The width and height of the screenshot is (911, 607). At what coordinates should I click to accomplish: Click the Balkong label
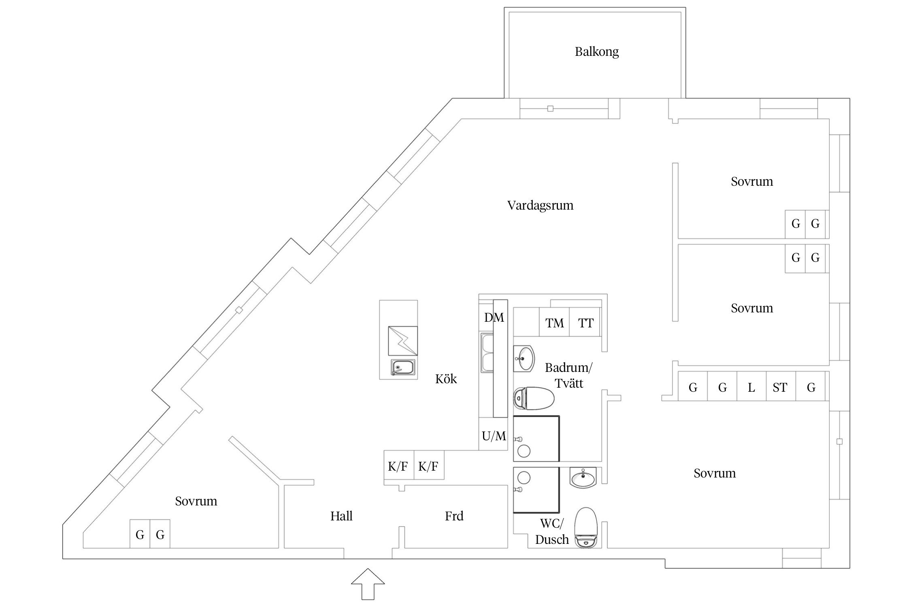tap(596, 52)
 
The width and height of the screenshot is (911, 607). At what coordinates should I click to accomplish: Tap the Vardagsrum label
tap(540, 206)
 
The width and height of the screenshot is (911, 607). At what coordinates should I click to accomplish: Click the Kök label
tap(446, 379)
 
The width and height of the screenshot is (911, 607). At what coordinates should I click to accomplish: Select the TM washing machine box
tap(554, 323)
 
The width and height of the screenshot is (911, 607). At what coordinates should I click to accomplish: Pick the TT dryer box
tap(585, 323)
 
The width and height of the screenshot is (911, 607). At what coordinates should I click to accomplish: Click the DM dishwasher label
tap(494, 318)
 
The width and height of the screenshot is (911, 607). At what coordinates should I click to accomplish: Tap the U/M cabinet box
tap(493, 435)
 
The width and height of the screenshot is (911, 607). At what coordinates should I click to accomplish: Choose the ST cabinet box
tap(781, 387)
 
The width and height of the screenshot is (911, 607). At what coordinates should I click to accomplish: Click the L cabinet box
tap(751, 387)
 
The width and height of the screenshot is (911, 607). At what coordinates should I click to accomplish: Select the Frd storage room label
tap(454, 516)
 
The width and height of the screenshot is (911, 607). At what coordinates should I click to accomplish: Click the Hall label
tap(341, 516)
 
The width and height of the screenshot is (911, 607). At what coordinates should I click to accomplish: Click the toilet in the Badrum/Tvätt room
tap(534, 399)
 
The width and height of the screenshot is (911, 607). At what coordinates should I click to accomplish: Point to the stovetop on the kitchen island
tap(402, 341)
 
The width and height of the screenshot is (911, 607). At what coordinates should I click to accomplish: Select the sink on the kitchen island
tap(402, 368)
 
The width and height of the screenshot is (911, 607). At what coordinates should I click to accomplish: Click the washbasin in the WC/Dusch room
tap(583, 478)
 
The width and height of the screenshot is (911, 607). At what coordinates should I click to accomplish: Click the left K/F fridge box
tap(398, 466)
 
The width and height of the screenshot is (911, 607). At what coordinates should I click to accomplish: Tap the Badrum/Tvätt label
tap(568, 375)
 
